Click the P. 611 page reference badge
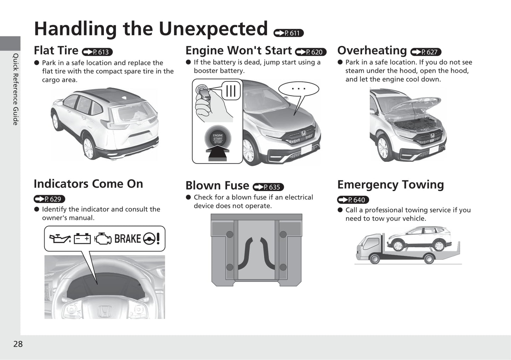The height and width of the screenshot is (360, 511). click(x=289, y=33)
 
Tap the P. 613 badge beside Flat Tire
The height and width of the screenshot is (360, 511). click(x=97, y=52)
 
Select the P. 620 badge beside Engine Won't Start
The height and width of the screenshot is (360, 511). click(x=310, y=52)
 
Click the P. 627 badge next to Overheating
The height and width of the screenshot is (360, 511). click(x=426, y=52)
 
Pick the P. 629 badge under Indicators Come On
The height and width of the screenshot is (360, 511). click(x=50, y=199)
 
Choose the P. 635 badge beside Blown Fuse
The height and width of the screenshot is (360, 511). click(x=268, y=187)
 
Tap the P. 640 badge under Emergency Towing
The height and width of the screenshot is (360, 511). click(x=353, y=200)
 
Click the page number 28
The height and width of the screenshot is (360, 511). click(x=18, y=344)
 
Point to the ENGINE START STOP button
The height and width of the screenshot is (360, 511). click(x=218, y=138)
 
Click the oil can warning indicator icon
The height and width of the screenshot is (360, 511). click(x=60, y=239)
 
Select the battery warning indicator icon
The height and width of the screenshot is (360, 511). click(x=82, y=239)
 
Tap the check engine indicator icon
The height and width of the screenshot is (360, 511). click(x=103, y=239)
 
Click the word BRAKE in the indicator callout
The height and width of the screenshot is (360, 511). click(x=127, y=239)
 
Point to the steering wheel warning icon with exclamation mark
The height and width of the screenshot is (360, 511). click(x=151, y=239)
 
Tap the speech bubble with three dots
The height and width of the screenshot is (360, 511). click(x=298, y=89)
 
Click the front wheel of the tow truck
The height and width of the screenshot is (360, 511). click(x=374, y=259)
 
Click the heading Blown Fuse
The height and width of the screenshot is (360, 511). click(x=217, y=185)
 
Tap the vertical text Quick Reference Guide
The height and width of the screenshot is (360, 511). click(x=16, y=89)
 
